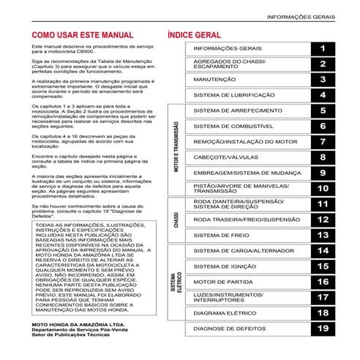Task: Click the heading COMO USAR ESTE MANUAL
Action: point(78,34)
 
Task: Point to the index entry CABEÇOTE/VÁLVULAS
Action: point(225,157)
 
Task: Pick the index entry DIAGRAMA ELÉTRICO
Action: point(224,313)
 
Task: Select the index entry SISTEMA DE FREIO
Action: point(221,236)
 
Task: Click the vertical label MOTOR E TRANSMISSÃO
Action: point(177,150)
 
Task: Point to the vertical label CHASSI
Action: point(176,220)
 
